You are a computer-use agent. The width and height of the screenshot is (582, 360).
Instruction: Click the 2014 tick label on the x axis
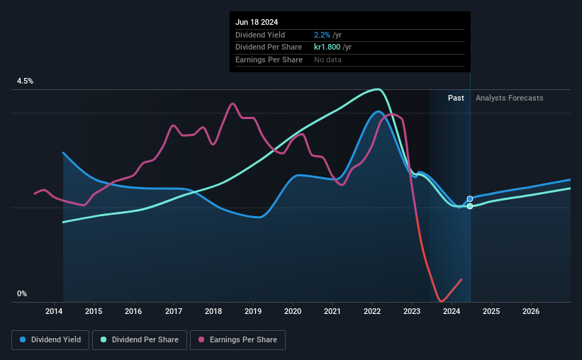pos(55,311)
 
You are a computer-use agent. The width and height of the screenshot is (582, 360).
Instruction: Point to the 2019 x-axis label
pos(254,311)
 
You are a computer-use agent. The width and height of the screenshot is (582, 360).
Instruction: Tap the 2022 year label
pos(373,311)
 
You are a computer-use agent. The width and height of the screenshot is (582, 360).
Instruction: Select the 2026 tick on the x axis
pos(532,311)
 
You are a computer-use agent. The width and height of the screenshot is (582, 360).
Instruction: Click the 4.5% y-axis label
pos(26,81)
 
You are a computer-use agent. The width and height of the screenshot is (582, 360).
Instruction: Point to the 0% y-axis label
pos(22,294)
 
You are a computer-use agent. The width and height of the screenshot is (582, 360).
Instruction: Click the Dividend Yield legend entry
pos(50,340)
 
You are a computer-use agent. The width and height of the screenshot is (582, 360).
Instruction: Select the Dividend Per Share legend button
pos(143,340)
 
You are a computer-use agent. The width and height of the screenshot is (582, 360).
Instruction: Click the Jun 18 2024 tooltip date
pos(254,21)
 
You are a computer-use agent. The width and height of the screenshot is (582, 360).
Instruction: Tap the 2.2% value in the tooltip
pos(322,35)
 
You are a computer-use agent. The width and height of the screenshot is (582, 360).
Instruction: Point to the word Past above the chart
pos(456,98)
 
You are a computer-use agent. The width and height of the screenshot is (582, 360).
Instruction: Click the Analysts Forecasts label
pos(510,98)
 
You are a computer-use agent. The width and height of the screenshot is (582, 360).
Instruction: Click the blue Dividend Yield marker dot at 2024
pos(470,199)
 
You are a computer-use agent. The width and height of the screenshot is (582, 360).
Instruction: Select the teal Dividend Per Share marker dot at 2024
pos(470,206)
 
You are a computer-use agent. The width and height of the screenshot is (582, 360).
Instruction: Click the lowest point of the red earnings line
pos(442,301)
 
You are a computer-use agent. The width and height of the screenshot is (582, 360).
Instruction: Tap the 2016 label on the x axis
pos(134,311)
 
